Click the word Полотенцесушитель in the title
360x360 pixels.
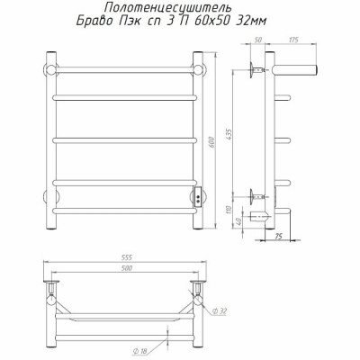coord(168,7)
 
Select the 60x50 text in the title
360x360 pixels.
coord(207,21)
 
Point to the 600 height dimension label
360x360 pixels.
coord(211,141)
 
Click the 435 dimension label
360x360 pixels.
coord(229,133)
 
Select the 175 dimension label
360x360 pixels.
coord(293,40)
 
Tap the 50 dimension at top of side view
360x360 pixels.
coord(258,40)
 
